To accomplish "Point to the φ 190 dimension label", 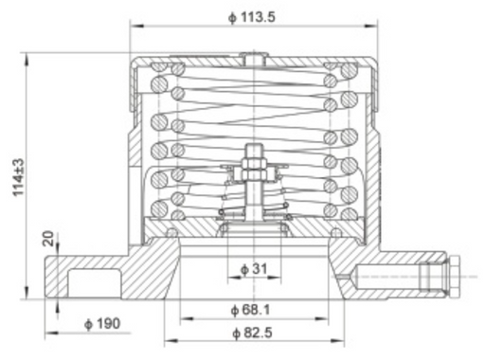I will pos(101,325).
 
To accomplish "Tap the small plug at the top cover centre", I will pos(253,60).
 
